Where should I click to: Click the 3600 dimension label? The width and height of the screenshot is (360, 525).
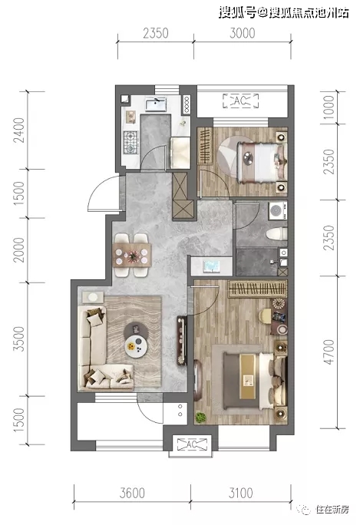[x=132, y=493]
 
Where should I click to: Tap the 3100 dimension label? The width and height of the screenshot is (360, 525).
[x=240, y=493]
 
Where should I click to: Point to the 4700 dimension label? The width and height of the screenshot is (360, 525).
[x=329, y=352]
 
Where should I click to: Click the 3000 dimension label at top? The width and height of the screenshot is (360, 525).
[x=242, y=33]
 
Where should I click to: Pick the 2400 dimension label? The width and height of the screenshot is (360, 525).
[x=18, y=130]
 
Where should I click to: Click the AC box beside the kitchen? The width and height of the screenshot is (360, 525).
[x=241, y=101]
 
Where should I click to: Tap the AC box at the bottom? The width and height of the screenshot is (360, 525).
[x=192, y=444]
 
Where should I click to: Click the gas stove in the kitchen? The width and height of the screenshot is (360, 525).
[x=131, y=142]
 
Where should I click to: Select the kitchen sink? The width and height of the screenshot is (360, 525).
[x=156, y=104]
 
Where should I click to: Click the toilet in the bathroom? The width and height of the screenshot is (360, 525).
[x=277, y=233]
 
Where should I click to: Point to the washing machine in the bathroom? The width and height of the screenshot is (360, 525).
[x=278, y=210]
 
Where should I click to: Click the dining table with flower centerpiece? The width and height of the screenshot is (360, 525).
[x=131, y=256]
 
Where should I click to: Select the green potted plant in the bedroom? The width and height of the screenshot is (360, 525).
[x=200, y=418]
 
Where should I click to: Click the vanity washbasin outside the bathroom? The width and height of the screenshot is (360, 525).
[x=211, y=266]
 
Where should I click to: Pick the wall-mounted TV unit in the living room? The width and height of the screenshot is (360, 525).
[x=181, y=340]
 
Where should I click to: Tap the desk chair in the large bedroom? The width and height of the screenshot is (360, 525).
[x=265, y=316]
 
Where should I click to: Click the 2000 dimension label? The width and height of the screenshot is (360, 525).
[x=18, y=249]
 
